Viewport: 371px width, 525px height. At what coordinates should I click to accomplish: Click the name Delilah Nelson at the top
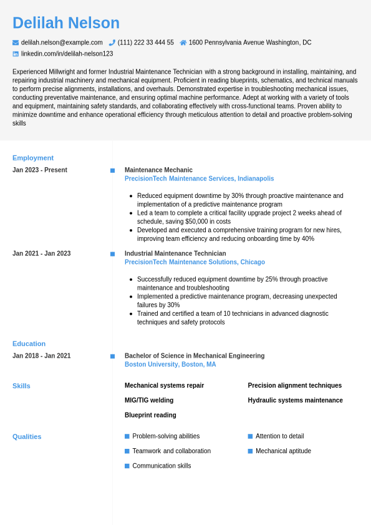click(x=66, y=23)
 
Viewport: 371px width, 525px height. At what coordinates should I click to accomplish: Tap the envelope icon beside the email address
click(x=16, y=42)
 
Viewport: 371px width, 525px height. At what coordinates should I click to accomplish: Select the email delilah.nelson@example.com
click(x=62, y=42)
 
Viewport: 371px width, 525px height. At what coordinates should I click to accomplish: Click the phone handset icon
click(x=112, y=42)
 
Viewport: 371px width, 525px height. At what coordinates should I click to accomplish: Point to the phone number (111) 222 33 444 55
click(x=146, y=42)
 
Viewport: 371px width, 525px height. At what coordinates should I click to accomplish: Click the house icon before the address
click(x=183, y=42)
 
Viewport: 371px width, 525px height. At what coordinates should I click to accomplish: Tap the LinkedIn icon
click(x=16, y=54)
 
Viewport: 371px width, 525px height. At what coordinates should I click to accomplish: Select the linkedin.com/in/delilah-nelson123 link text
click(x=67, y=54)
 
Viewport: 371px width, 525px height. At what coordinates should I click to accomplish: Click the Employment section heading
click(x=33, y=158)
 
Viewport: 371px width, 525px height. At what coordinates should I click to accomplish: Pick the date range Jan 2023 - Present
click(x=40, y=170)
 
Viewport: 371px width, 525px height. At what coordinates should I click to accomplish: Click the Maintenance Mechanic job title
click(x=158, y=170)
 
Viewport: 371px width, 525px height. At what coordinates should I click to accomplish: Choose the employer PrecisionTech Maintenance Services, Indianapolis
click(x=199, y=179)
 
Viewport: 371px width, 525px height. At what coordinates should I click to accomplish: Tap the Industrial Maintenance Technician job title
click(x=175, y=253)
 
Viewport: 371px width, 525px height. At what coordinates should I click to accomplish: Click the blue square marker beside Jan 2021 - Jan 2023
click(x=112, y=254)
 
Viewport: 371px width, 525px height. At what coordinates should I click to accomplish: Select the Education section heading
click(x=29, y=343)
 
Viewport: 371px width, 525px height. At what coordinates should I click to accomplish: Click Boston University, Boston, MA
click(x=170, y=365)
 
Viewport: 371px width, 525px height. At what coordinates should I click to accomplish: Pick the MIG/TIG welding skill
click(x=149, y=400)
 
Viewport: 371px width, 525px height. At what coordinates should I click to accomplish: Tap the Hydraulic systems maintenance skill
click(x=295, y=400)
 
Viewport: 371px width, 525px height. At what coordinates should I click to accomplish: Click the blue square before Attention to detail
click(x=250, y=436)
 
